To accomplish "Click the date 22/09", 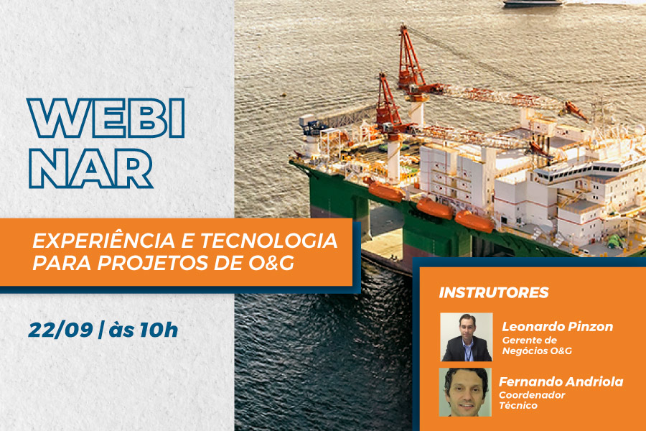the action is point(60,330).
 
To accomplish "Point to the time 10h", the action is point(159,330).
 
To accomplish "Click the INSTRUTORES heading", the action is point(494,292).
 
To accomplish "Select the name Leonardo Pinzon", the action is point(558,327).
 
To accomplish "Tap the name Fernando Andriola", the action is point(561,381).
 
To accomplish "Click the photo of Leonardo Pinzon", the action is point(467,338).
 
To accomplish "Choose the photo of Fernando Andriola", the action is point(466,392).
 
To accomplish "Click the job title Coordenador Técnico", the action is point(532,400).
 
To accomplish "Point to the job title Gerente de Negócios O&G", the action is point(537,346).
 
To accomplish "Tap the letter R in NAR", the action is point(133,168).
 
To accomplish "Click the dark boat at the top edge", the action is point(533,4).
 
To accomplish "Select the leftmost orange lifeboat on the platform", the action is point(385,191).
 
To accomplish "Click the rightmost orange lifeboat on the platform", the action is point(474,222).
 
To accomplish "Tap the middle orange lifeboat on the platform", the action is point(435,209).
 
